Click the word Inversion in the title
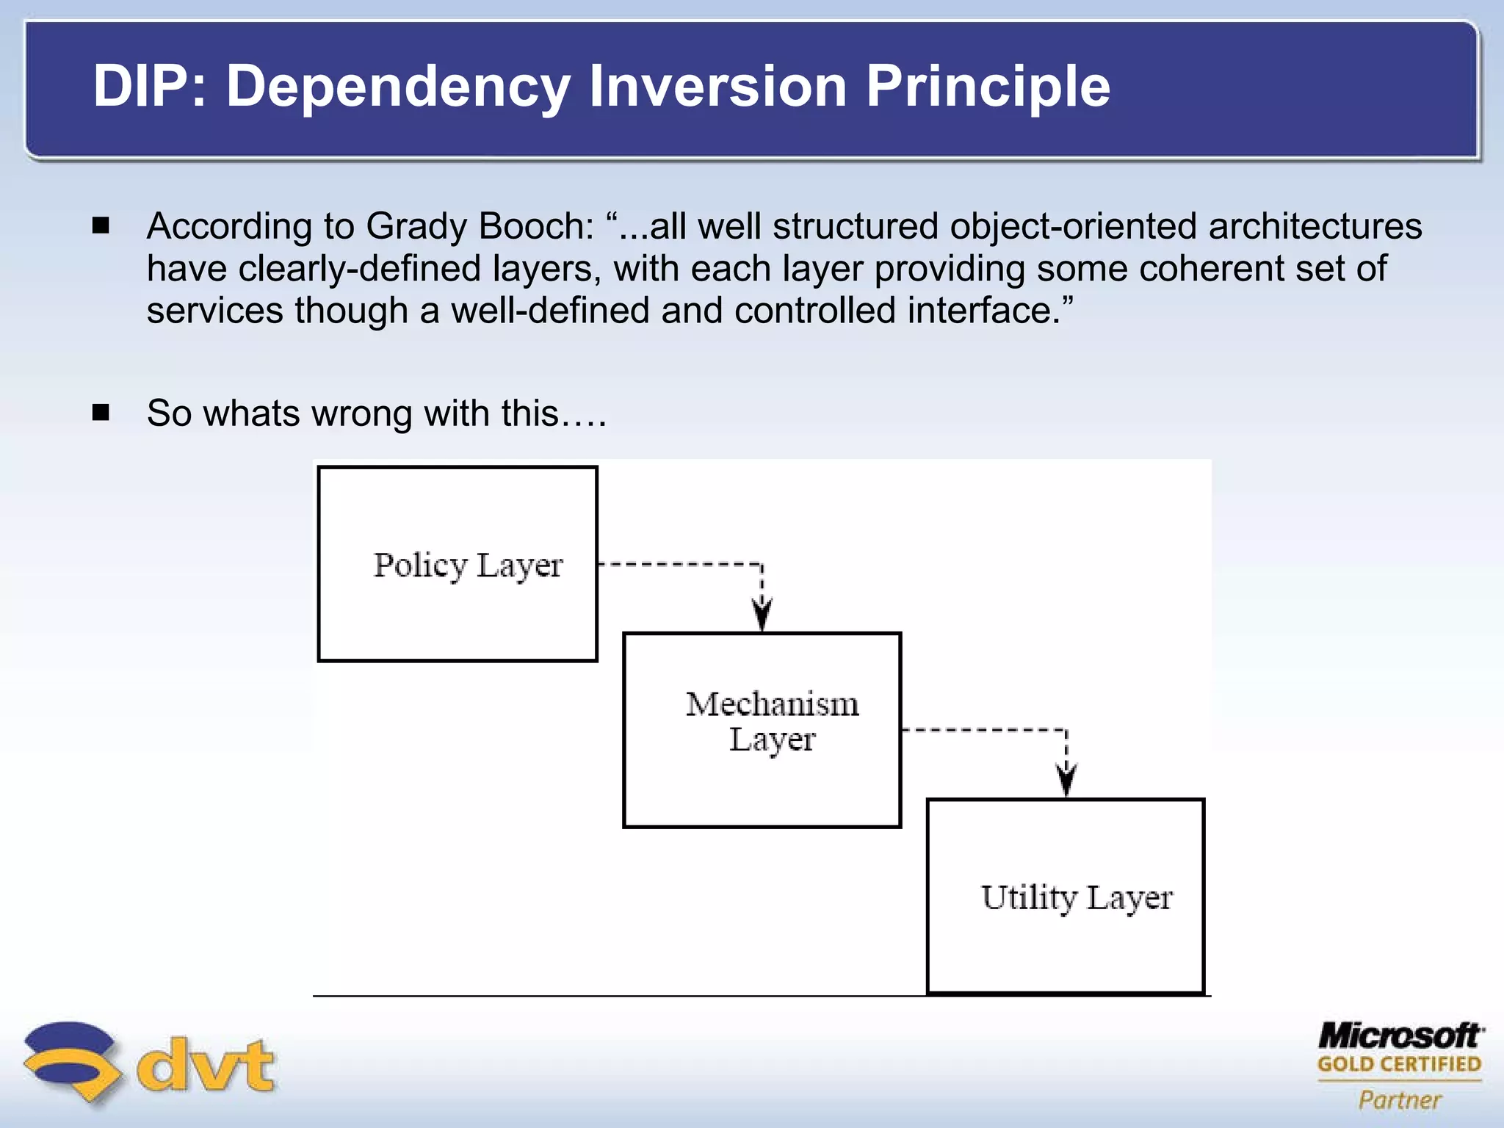tap(717, 87)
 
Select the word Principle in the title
tap(988, 87)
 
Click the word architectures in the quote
tap(1315, 226)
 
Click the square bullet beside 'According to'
tap(101, 225)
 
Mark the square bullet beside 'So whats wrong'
tap(101, 412)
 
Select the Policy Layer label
tap(468, 565)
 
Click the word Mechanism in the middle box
tap(772, 704)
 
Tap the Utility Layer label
tap(1077, 897)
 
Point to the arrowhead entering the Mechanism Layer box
tap(762, 617)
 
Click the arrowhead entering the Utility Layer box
tap(1066, 782)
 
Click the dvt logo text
tap(206, 1064)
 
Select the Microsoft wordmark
tap(1400, 1036)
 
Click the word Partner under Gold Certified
tap(1400, 1099)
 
